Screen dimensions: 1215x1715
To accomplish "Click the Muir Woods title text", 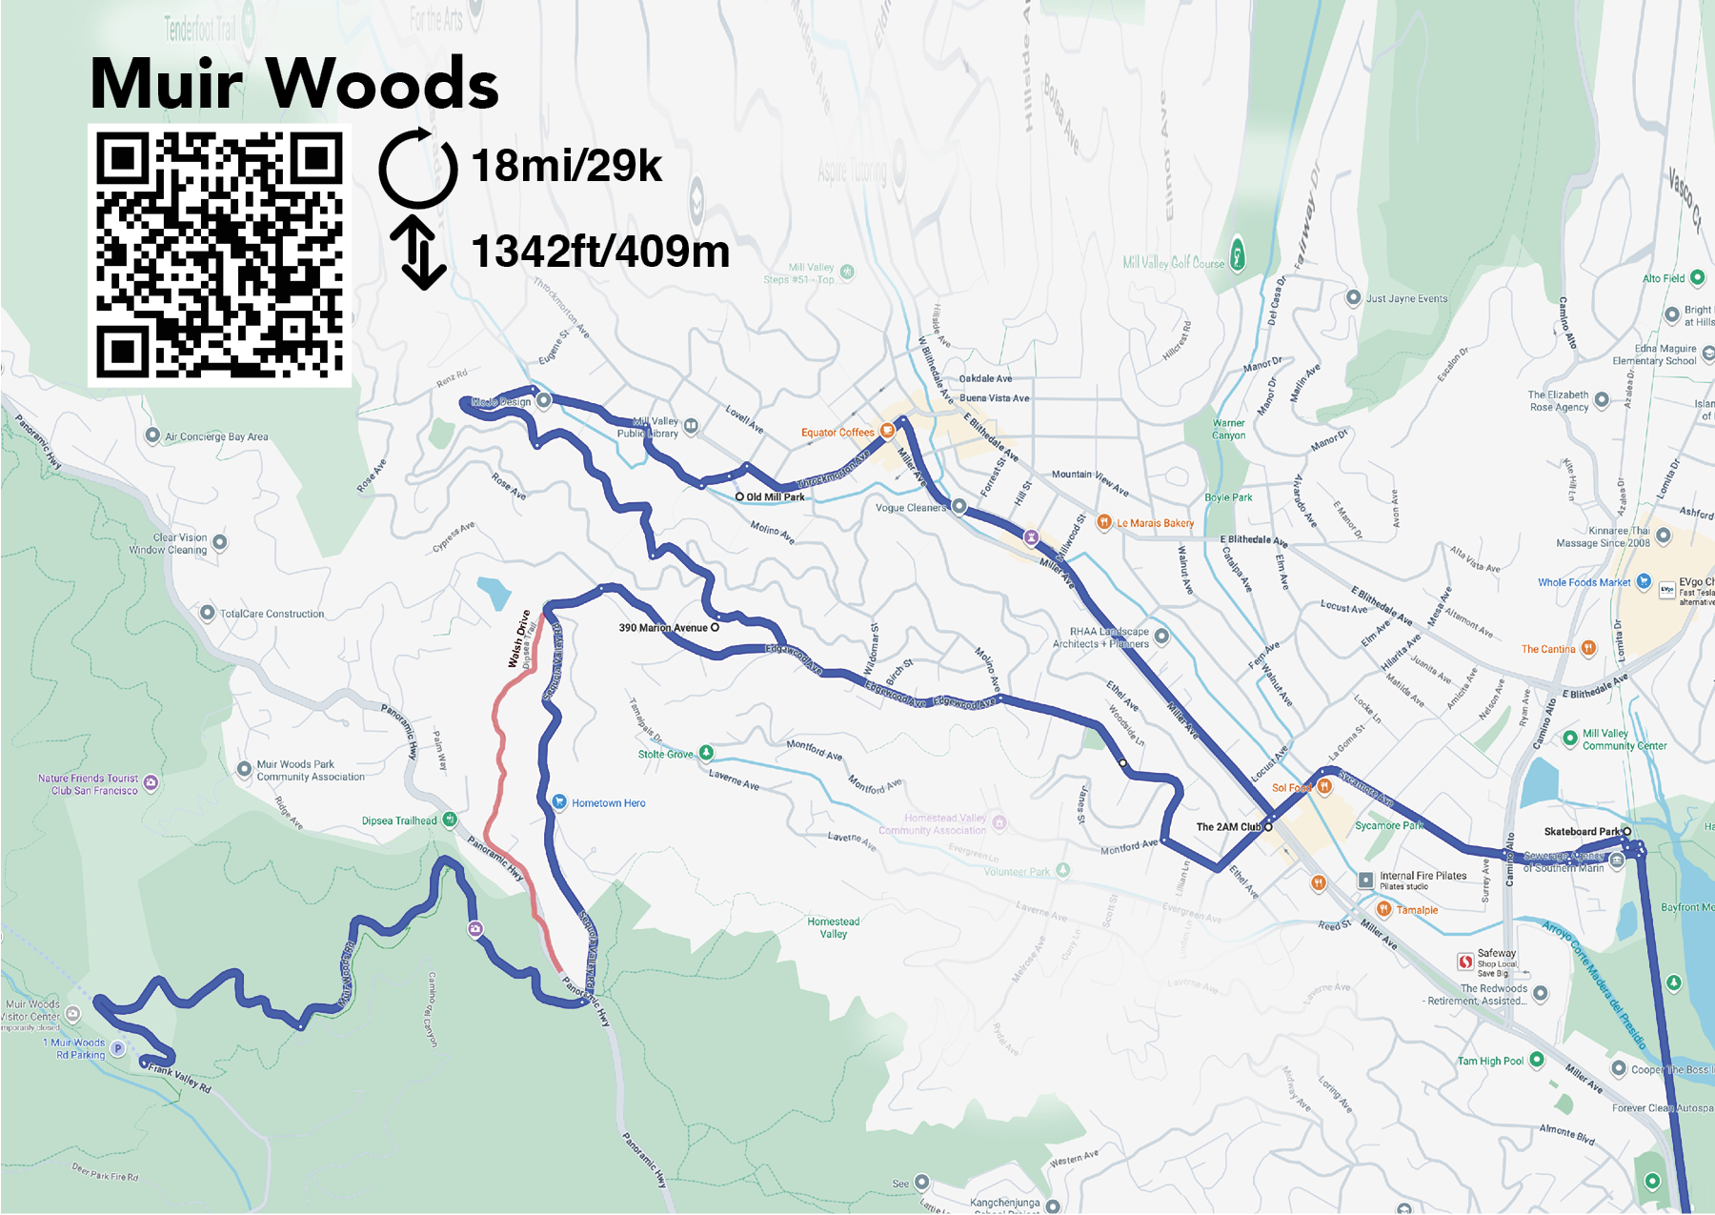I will (x=293, y=84).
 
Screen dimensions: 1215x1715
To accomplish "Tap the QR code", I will (x=219, y=255).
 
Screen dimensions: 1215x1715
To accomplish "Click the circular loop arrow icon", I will (x=417, y=168).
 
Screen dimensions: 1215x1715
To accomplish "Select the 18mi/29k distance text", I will (x=566, y=166).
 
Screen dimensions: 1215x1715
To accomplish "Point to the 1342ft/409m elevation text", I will (x=600, y=253).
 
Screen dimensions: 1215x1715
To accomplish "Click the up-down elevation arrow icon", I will (x=418, y=253).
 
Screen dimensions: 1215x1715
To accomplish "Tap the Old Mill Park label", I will (x=775, y=496).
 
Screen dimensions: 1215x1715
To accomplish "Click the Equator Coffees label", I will (x=837, y=433).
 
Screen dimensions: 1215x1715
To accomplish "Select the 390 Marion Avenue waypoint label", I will (x=663, y=628).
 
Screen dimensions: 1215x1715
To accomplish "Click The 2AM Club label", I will (x=1228, y=827).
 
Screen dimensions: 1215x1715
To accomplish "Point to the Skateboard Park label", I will (x=1582, y=832).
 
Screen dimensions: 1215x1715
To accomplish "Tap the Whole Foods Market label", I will (x=1584, y=582).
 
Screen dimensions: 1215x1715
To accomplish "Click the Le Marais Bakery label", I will (x=1155, y=523).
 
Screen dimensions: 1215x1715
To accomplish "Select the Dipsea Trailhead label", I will (x=399, y=820).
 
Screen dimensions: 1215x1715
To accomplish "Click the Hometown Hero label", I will (x=608, y=803).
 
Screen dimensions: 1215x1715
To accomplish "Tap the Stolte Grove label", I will (x=666, y=754).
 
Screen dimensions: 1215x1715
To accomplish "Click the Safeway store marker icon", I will (x=1465, y=962).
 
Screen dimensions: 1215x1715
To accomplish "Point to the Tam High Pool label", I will (x=1490, y=1061).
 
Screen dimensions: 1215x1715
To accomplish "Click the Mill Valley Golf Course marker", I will (x=1238, y=254).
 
